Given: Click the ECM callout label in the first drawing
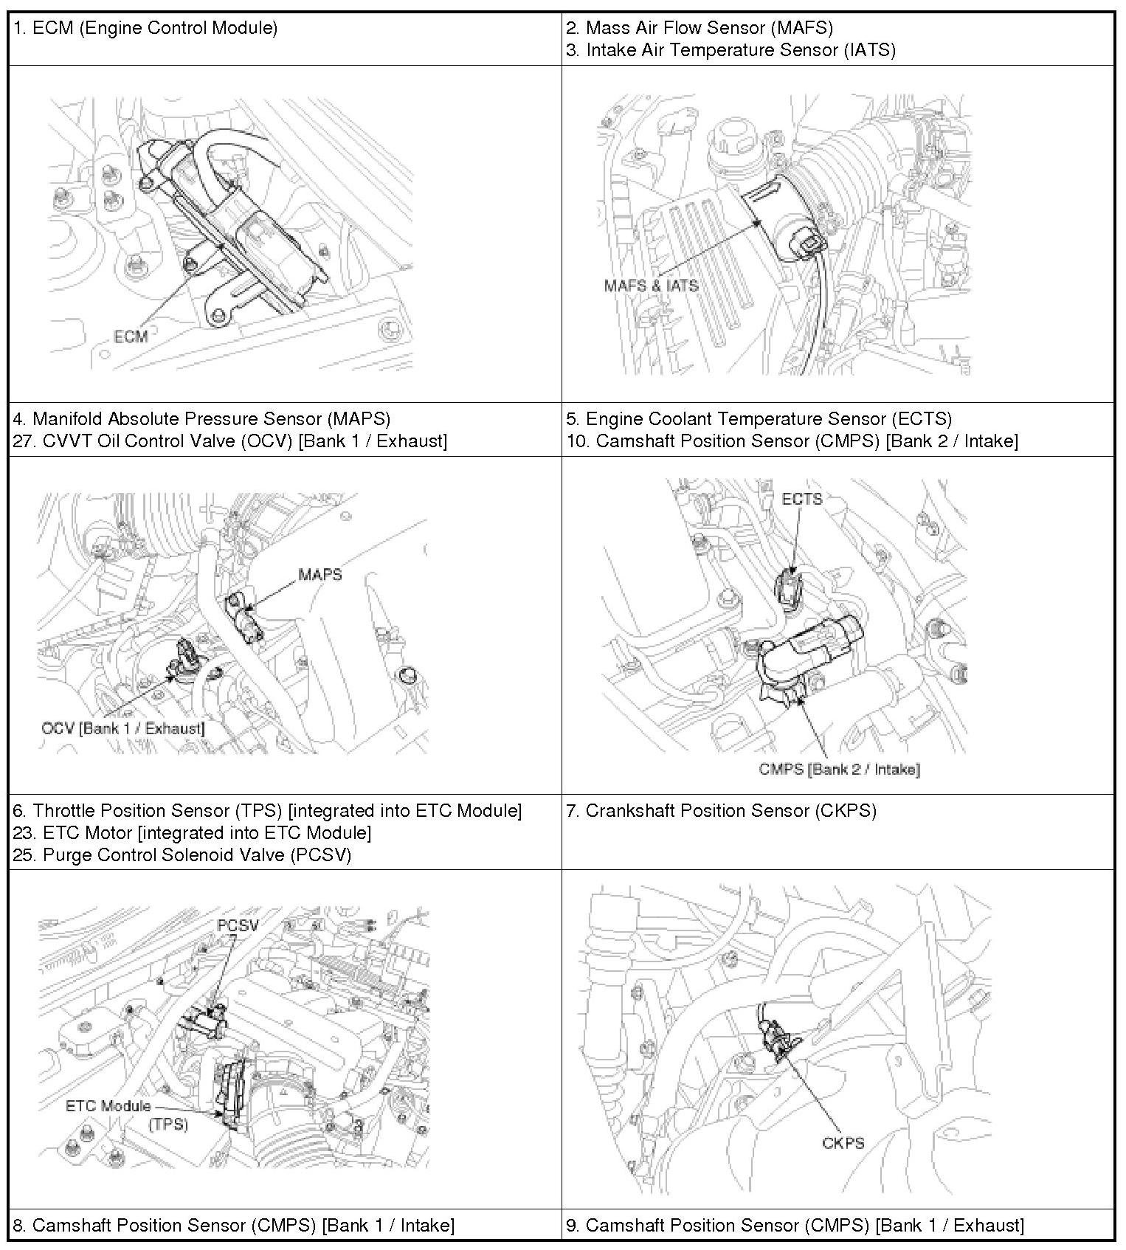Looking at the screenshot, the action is coord(131,336).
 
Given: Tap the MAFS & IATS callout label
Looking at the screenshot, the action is coord(651,286).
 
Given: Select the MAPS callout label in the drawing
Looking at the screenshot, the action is coord(320,574).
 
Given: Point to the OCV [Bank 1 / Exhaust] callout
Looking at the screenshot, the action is coord(123,728).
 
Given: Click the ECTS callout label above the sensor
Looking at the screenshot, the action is coord(802,499).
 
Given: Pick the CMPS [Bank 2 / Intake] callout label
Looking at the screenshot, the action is coord(840,770).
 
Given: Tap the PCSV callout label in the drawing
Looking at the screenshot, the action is coord(238,925).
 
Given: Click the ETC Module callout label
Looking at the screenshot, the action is coord(108,1106).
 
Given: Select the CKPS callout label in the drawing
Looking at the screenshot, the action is coord(843,1143).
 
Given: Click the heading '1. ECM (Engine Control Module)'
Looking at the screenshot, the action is coord(145,29).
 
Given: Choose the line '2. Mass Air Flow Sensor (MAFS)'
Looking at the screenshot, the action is coord(700,28).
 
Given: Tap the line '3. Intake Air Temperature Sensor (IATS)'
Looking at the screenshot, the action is coord(731,50).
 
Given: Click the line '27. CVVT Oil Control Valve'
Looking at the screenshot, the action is coord(229,441).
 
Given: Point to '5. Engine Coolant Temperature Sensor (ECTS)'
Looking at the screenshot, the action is coord(759,419).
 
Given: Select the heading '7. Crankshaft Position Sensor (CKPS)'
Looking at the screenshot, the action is coord(722,811).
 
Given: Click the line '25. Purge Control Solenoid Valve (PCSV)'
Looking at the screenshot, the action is coord(182,855).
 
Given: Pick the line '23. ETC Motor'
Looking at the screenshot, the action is coord(192,833).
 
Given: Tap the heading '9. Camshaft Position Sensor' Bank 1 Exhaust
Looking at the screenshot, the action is coord(795,1226).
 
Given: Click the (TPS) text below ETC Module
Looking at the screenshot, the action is coord(168,1125).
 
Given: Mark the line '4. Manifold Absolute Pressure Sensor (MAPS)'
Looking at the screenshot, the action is coord(201,419).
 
